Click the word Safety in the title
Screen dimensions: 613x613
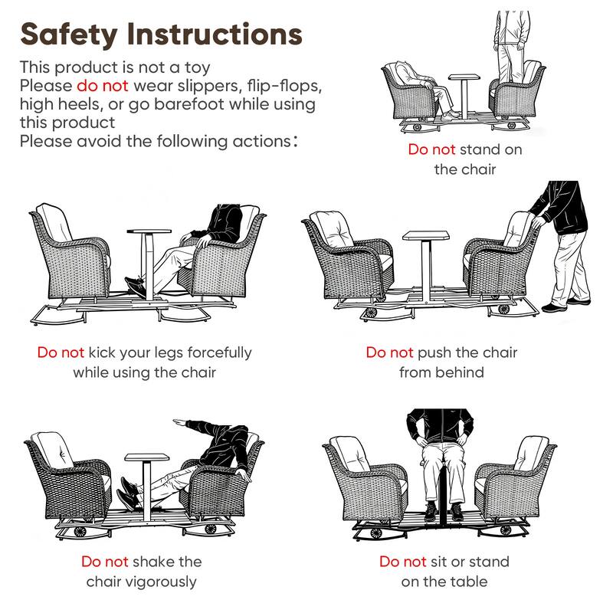coord(69,35)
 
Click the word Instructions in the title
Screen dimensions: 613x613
coord(215,34)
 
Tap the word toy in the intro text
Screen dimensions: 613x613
coord(198,68)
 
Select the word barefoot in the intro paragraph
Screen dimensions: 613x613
coord(189,105)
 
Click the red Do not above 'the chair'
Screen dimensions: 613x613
coord(431,149)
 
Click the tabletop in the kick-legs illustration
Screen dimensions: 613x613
coord(149,231)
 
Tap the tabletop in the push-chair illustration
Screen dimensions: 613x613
coord(426,235)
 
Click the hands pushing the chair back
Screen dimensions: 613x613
coord(536,220)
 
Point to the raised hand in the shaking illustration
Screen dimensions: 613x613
coord(179,422)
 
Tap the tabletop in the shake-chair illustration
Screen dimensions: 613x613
coord(146,457)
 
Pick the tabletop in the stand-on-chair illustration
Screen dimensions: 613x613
coord(464,77)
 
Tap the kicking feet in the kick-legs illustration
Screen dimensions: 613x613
coord(136,287)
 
